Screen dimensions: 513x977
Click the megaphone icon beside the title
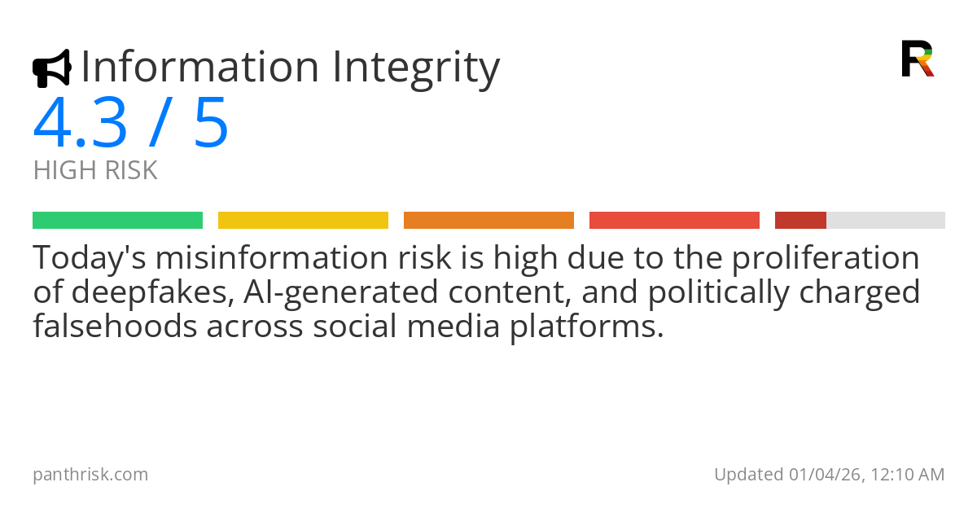click(x=51, y=68)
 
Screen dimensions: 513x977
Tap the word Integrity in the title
click(x=414, y=68)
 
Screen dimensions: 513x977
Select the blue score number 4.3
click(x=80, y=124)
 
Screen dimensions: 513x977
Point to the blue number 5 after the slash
click(x=211, y=124)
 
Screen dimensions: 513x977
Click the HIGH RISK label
click(x=95, y=171)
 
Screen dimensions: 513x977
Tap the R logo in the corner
click(x=917, y=59)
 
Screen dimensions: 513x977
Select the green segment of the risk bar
click(x=117, y=220)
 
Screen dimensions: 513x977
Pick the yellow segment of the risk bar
click(x=303, y=220)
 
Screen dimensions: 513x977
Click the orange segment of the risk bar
click(x=488, y=220)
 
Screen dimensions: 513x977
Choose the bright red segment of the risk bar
click(x=674, y=220)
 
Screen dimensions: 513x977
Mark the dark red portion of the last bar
click(x=800, y=220)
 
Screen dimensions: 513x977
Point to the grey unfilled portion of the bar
click(x=886, y=220)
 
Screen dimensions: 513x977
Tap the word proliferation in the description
click(x=826, y=258)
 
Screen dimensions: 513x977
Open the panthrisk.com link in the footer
click(x=90, y=474)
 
